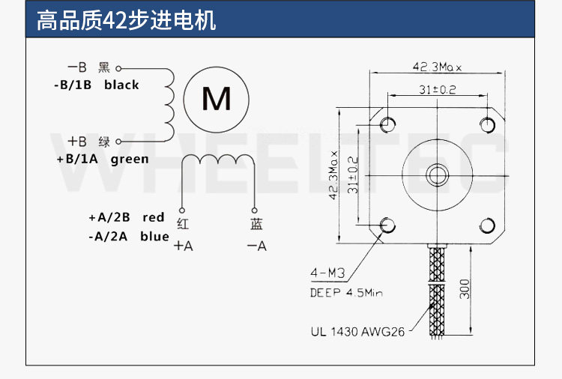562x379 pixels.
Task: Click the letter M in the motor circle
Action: coord(217,99)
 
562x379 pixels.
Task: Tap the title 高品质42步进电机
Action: coord(126,20)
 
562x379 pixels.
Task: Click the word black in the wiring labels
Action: coord(121,85)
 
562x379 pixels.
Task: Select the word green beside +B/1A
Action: coord(130,159)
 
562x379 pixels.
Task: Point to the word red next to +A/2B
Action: coord(154,217)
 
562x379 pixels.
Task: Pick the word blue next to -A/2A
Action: coord(154,236)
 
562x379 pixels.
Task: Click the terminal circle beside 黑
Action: coord(118,68)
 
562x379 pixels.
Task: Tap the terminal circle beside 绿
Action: coord(118,142)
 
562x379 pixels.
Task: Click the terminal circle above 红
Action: coord(182,210)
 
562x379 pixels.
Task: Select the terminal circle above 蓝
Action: coord(255,210)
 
